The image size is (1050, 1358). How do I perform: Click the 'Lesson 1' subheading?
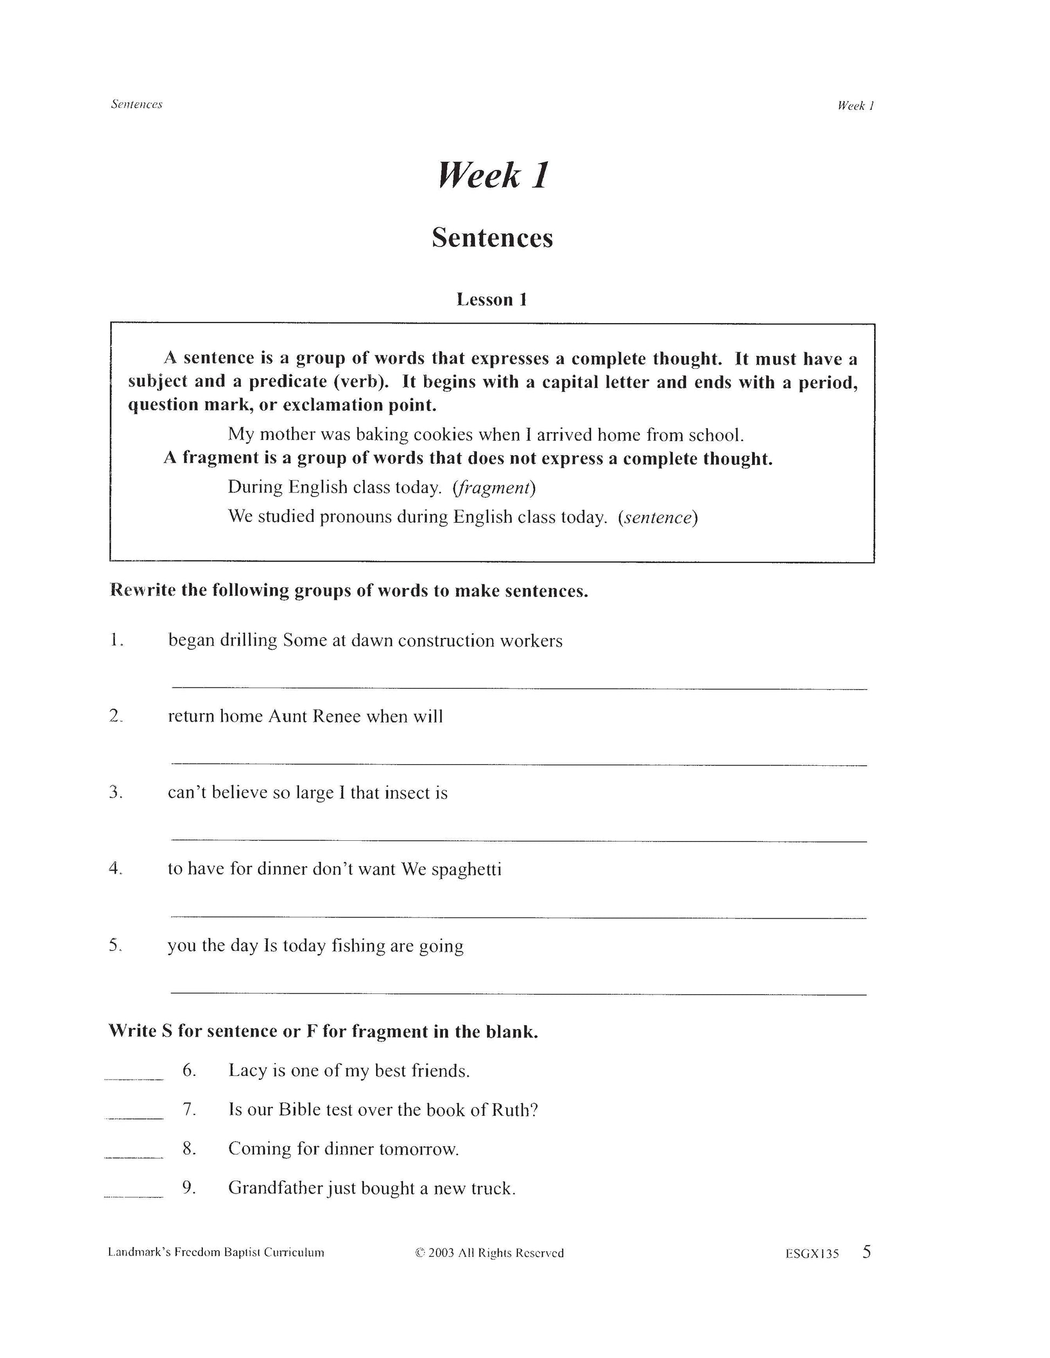click(492, 300)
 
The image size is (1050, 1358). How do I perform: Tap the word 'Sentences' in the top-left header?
click(136, 105)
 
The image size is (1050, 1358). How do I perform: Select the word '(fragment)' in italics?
click(495, 488)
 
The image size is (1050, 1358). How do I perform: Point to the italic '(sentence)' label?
click(658, 517)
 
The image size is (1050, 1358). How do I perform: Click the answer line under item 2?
click(519, 764)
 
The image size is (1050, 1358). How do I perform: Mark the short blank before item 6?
click(134, 1079)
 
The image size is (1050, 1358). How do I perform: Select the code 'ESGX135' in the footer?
click(812, 1253)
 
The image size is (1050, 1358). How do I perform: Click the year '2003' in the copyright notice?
click(441, 1253)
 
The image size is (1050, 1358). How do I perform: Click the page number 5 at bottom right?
click(867, 1252)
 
